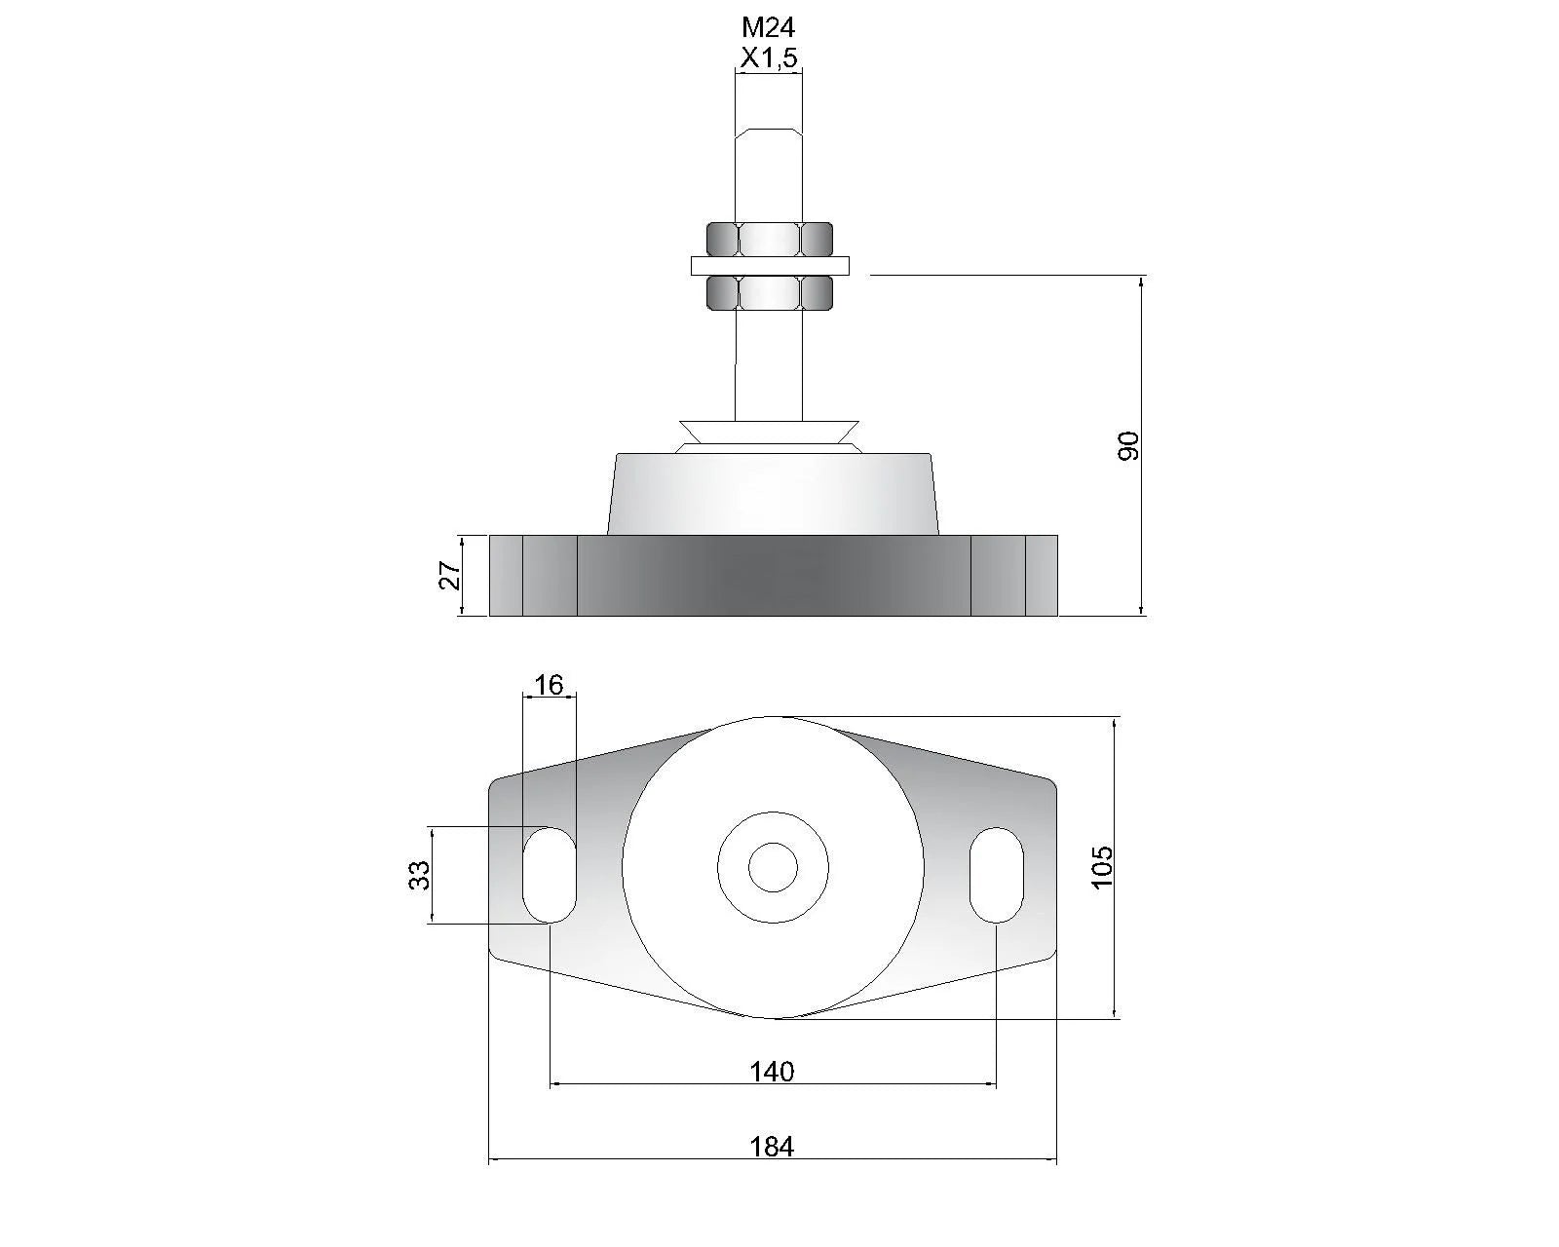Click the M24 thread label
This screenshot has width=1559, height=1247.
tap(769, 27)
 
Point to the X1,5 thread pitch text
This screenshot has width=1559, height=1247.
tap(769, 57)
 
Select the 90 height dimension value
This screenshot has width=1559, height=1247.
tap(1128, 445)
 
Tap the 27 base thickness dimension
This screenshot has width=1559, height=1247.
tap(450, 576)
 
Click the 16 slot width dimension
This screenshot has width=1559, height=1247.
tap(549, 685)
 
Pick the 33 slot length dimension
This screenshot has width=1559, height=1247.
tap(419, 875)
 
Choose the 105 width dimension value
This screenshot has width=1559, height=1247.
tap(1101, 867)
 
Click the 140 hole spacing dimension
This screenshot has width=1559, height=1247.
tap(772, 1071)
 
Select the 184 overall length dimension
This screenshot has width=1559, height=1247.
tap(772, 1147)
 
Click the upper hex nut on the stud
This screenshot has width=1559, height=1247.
tap(770, 239)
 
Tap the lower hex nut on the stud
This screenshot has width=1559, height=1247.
tap(770, 292)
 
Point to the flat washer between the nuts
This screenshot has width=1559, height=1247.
tap(770, 266)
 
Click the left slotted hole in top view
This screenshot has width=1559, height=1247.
tap(550, 875)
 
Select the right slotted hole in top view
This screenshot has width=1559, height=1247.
tap(997, 875)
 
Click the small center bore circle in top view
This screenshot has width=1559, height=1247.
tap(773, 867)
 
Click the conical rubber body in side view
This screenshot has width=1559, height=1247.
tap(773, 494)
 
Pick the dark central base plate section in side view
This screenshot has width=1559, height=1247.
tap(774, 576)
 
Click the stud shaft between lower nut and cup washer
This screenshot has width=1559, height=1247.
tap(769, 365)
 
